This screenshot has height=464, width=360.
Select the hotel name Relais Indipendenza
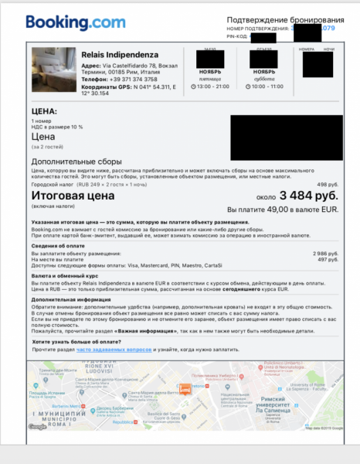[x=121, y=54]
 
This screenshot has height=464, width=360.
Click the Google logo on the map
[x=36, y=426]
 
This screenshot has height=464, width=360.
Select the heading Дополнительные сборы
[x=76, y=160]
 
